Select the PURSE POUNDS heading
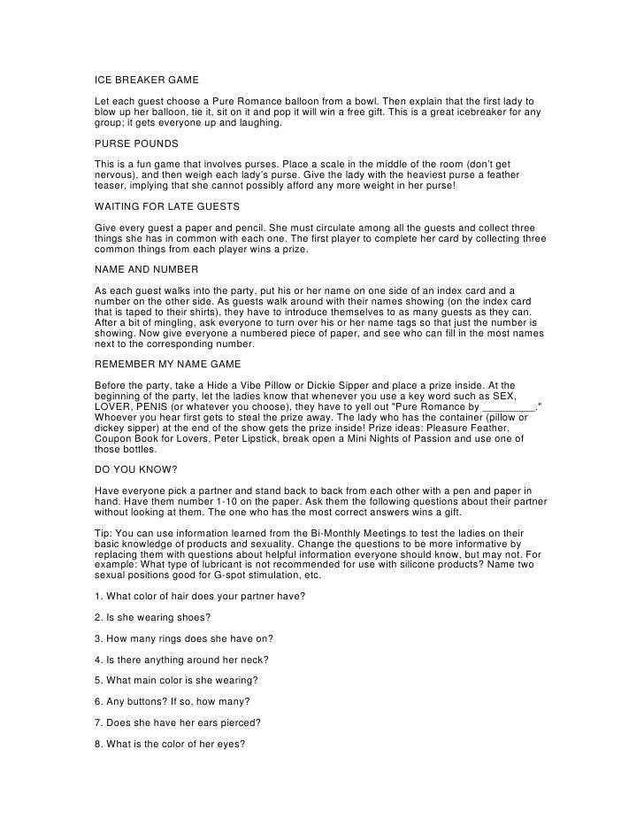136,143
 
